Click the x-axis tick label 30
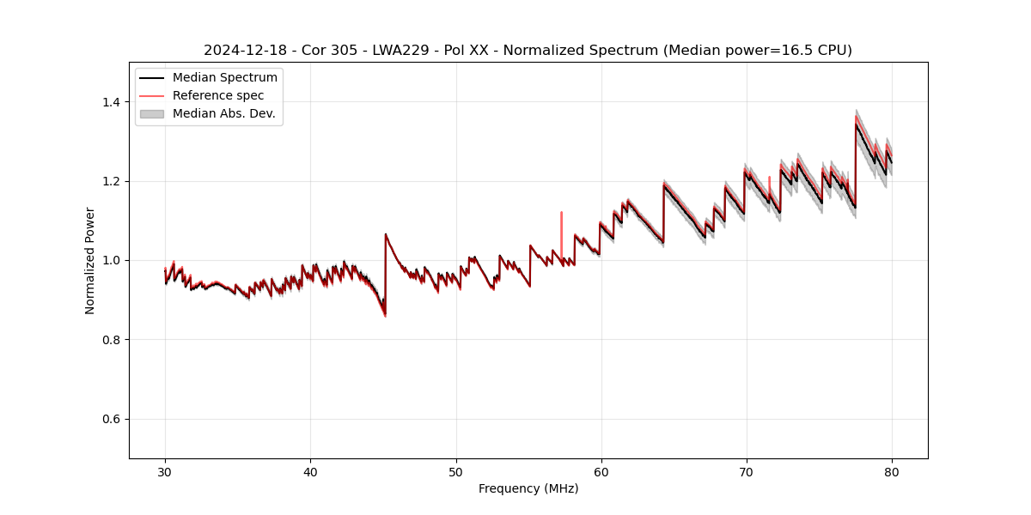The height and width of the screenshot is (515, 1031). click(165, 471)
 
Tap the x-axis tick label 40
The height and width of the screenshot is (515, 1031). click(310, 471)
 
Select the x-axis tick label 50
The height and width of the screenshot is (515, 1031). click(456, 471)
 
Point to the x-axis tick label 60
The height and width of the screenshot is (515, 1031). click(601, 471)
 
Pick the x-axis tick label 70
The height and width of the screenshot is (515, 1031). click(747, 471)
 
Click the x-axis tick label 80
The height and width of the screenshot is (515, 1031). click(892, 471)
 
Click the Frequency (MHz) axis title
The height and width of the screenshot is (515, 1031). click(528, 488)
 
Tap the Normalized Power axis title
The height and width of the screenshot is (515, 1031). click(90, 260)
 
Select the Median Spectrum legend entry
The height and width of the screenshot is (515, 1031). click(224, 78)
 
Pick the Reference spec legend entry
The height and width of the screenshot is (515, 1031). click(218, 95)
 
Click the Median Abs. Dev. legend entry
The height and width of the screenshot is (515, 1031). click(223, 113)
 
